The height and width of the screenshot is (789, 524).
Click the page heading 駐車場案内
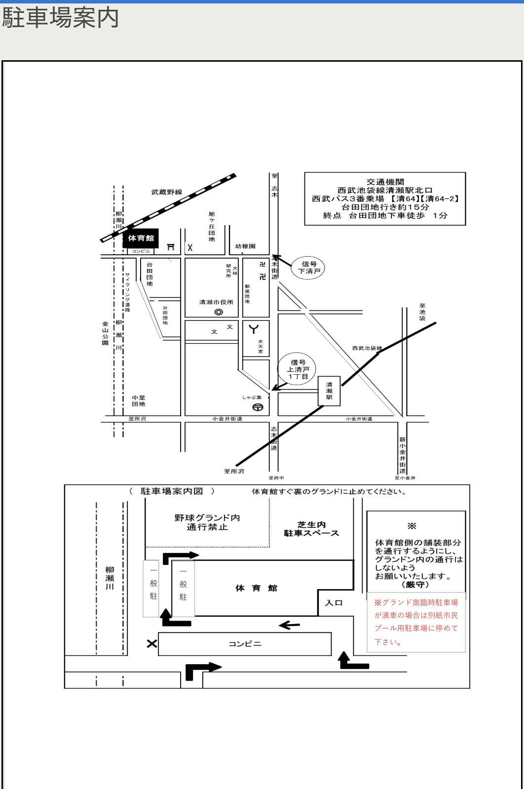[x=60, y=18]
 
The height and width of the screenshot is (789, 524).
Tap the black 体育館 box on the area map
[x=141, y=238]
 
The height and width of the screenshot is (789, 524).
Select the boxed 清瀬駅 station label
[x=329, y=391]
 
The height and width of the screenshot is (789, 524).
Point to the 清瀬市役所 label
[x=216, y=302]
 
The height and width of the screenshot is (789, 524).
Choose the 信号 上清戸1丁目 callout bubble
[x=298, y=369]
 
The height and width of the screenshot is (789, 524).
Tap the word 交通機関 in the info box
[x=385, y=182]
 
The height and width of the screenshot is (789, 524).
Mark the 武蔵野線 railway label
[x=167, y=192]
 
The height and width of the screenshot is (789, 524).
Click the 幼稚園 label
[x=245, y=246]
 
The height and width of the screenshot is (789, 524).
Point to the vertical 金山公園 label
[x=105, y=333]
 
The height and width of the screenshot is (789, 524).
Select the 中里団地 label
[x=139, y=401]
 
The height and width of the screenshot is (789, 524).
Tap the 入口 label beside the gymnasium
[x=334, y=603]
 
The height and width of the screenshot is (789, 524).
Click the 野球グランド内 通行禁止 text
[x=207, y=522]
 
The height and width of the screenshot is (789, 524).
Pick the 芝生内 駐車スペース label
[x=311, y=529]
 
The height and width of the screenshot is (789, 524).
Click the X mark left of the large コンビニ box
[x=151, y=644]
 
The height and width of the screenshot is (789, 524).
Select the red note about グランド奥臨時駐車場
[x=416, y=622]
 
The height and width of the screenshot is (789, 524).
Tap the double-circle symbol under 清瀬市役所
[x=219, y=312]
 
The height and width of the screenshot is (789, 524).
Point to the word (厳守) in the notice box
[x=415, y=585]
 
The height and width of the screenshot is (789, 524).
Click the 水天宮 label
[x=260, y=346]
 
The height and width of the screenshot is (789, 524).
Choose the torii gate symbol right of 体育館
[x=171, y=246]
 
